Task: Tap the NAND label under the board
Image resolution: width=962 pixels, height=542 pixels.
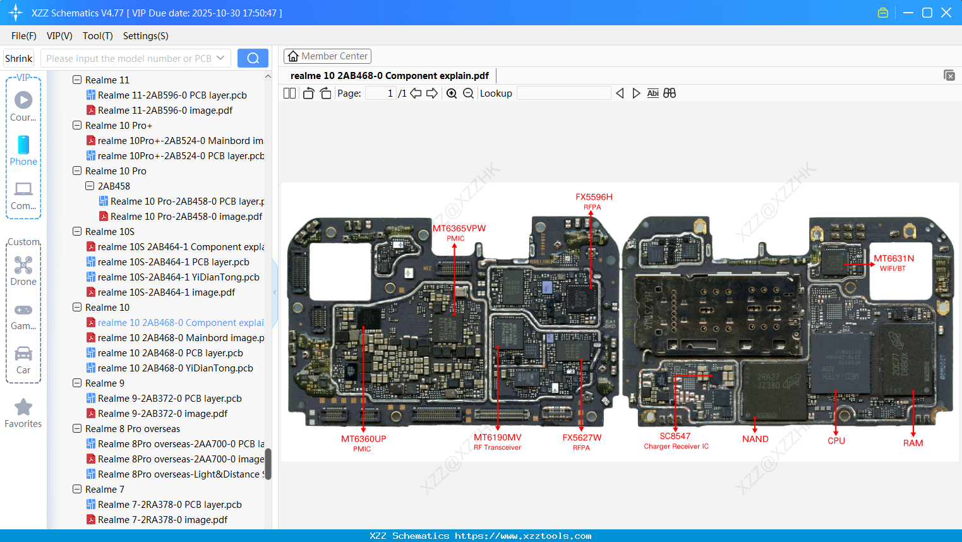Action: [x=755, y=439]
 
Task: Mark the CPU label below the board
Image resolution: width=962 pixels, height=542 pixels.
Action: [x=836, y=441]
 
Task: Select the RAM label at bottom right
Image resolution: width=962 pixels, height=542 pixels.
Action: [x=913, y=443]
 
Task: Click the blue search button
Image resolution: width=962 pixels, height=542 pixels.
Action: [x=253, y=58]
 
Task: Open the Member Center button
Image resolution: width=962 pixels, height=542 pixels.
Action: [x=327, y=56]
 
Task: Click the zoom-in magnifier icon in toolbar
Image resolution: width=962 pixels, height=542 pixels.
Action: [x=452, y=93]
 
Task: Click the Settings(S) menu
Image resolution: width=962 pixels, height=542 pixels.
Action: [x=145, y=36]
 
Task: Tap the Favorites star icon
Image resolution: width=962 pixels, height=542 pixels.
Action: [x=23, y=407]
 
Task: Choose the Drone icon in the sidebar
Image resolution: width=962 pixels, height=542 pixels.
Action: [x=23, y=265]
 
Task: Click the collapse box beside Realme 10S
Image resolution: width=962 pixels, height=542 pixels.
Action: [x=77, y=232]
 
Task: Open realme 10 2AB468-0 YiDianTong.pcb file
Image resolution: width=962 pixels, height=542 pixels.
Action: [x=175, y=368]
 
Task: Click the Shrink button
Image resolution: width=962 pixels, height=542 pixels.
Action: [x=18, y=58]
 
